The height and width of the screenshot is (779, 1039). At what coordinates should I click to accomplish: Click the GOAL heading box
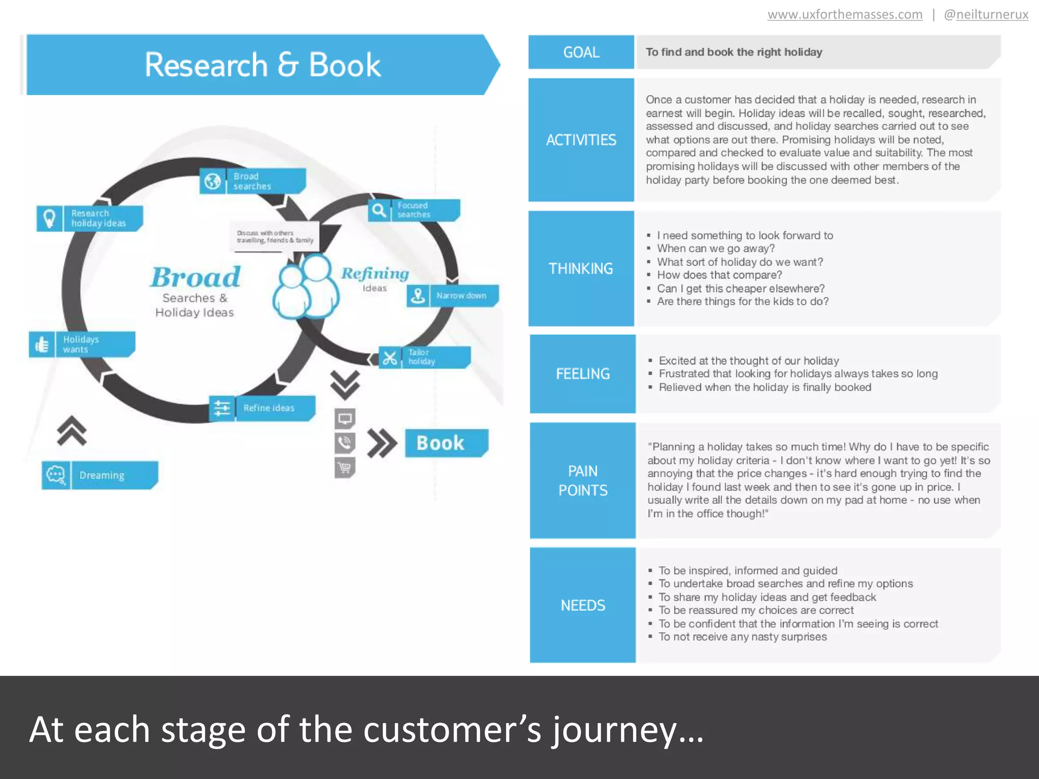581,52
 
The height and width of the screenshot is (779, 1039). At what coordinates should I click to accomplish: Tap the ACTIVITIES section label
581,139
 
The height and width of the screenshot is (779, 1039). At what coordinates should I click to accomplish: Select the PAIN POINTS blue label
582,480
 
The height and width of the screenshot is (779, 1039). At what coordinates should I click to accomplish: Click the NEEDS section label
582,605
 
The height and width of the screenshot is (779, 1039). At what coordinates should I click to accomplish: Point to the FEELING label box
582,374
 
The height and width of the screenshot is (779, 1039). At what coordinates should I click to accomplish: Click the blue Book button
446,443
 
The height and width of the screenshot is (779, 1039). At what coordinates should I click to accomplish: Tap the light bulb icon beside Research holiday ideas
49,219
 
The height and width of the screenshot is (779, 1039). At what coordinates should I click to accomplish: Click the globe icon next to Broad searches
213,181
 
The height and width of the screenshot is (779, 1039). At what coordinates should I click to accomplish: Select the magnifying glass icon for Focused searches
379,210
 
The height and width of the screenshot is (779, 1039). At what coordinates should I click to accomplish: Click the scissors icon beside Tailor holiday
390,358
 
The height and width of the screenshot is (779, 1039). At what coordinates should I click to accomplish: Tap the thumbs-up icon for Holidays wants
42,344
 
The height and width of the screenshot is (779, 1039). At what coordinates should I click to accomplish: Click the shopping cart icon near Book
344,467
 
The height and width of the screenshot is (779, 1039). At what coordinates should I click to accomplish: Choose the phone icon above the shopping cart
344,443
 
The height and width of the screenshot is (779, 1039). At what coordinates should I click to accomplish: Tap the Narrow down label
461,296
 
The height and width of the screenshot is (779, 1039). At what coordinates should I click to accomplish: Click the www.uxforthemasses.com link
845,14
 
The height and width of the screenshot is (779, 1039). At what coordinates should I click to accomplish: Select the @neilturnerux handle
986,14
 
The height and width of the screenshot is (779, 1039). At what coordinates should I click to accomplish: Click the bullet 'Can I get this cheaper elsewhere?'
741,288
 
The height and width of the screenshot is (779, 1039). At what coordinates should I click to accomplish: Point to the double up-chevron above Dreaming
72,431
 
